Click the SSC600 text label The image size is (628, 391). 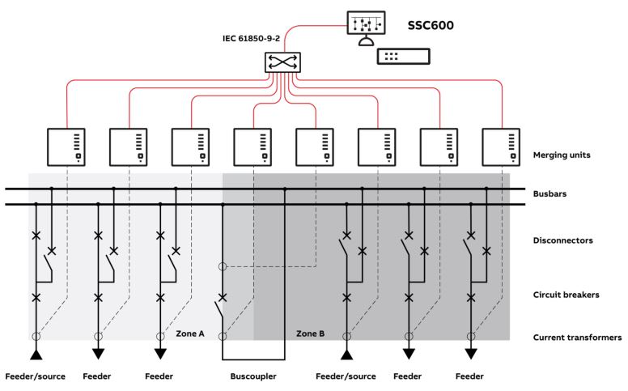click(x=431, y=25)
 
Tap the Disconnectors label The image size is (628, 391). click(x=565, y=240)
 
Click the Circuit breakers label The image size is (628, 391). click(x=566, y=295)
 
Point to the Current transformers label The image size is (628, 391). click(x=577, y=337)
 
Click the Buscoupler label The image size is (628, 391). click(x=253, y=376)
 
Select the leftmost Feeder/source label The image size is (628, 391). click(x=35, y=376)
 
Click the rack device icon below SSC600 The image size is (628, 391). click(x=403, y=57)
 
